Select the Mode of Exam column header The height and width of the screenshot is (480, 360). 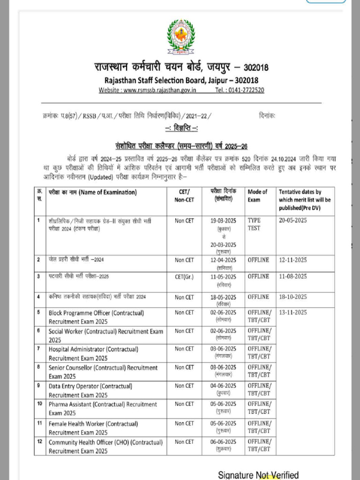257,195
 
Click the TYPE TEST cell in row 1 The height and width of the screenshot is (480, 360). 255,224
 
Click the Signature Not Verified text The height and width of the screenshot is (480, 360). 258,475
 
